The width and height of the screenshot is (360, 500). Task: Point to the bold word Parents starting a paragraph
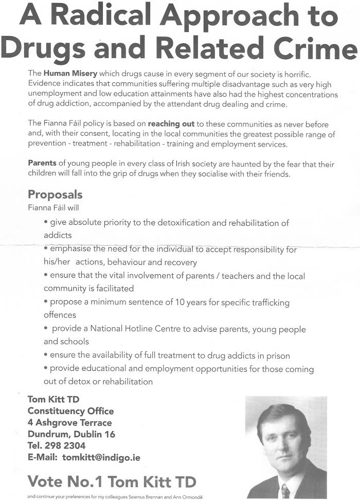pos(42,164)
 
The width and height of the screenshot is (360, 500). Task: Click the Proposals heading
pos(55,195)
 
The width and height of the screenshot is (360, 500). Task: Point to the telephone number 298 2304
pos(66,445)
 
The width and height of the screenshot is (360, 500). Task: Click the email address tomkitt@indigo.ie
pos(101,457)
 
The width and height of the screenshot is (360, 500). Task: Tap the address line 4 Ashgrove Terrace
pos(69,422)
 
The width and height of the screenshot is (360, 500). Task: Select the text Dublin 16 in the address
pos(98,434)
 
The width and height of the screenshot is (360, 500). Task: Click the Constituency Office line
pos(70,411)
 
